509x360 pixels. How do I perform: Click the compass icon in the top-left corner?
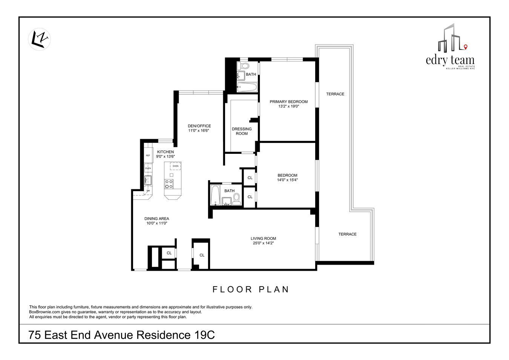point(40,39)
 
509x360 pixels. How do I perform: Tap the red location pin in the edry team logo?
point(466,47)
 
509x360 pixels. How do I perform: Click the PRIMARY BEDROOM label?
point(288,101)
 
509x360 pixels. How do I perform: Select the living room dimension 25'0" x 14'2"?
point(263,243)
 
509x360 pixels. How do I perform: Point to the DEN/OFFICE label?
point(199,126)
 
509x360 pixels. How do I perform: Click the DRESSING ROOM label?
point(242,131)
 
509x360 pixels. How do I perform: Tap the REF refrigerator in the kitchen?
point(148,155)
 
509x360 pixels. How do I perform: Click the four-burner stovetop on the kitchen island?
point(169,184)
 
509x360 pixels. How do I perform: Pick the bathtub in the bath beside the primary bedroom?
point(247,88)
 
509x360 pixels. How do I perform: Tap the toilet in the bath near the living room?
point(236,199)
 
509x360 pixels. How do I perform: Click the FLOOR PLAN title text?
point(251,290)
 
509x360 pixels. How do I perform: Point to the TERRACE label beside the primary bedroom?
point(335,94)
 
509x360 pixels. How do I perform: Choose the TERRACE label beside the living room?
point(347,234)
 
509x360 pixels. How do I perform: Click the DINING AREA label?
point(156,219)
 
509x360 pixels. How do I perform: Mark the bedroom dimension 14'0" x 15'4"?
point(287,180)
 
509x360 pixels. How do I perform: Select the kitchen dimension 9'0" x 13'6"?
point(166,156)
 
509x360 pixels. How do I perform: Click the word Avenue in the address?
point(114,335)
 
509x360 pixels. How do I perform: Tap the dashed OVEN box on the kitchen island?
point(175,166)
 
